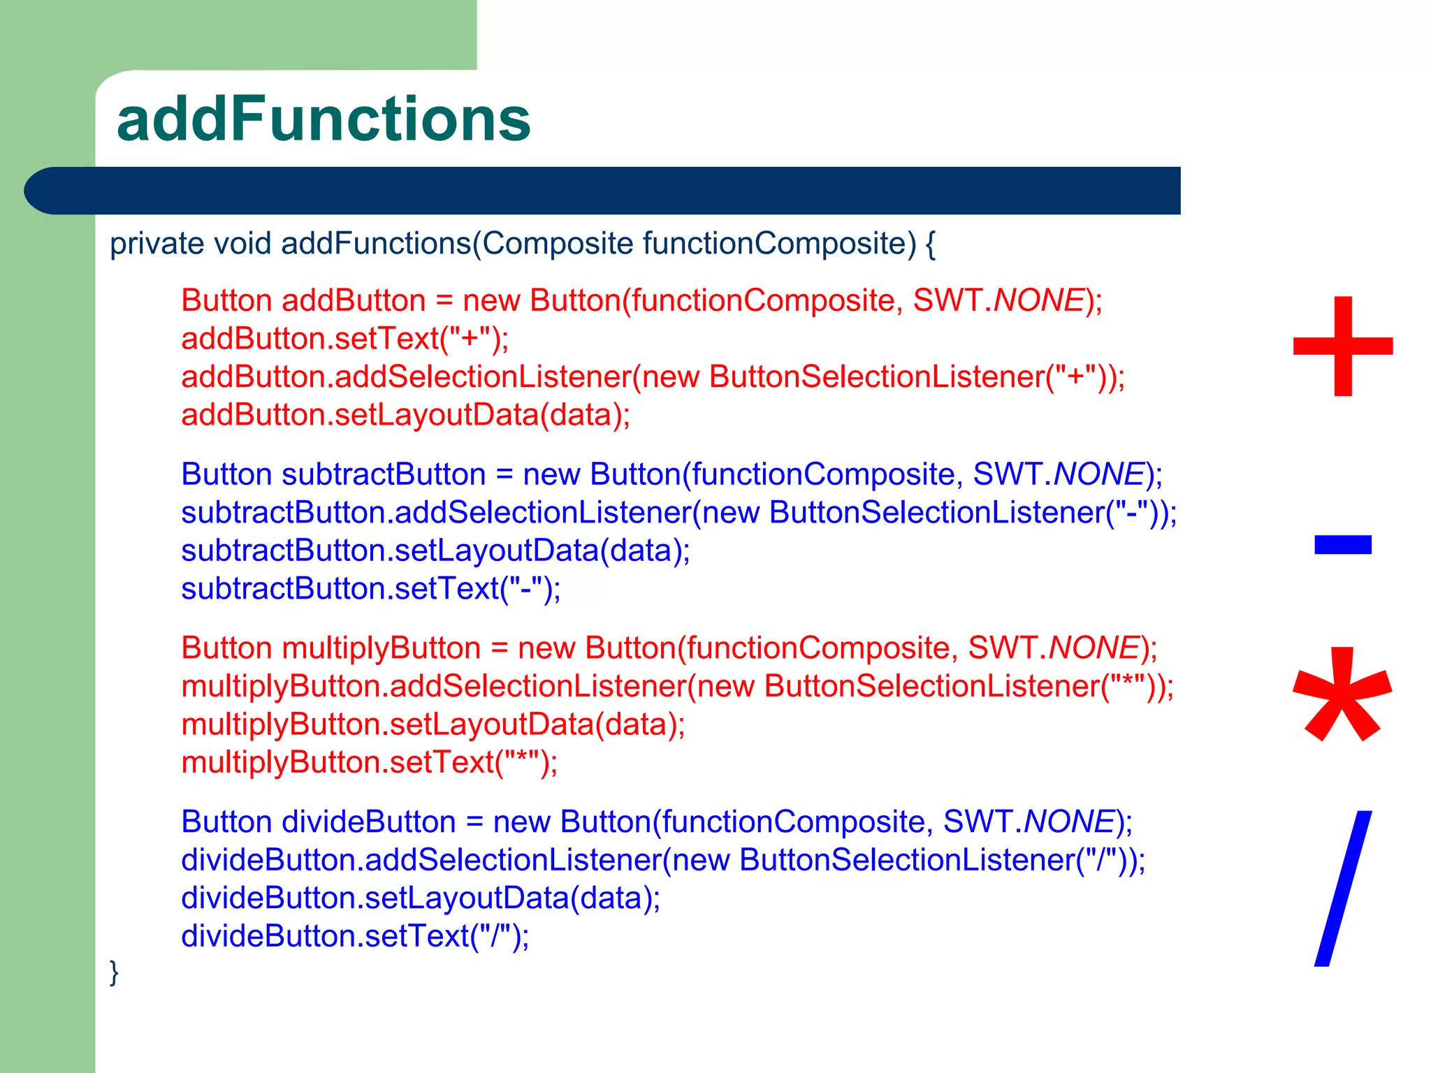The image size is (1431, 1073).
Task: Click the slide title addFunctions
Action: tap(324, 119)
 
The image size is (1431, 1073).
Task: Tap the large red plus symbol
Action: tap(1343, 346)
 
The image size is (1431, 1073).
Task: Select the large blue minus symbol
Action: tap(1343, 544)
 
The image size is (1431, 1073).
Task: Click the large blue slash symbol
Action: tap(1343, 889)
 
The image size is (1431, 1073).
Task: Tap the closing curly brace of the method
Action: tap(114, 972)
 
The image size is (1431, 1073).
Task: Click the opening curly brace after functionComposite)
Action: tap(930, 244)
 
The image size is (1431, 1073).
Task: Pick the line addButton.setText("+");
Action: tap(345, 339)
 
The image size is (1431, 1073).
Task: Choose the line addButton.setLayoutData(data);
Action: tap(405, 415)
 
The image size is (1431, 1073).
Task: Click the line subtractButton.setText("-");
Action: tap(370, 589)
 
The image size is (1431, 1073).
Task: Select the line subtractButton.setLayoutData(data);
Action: tap(435, 550)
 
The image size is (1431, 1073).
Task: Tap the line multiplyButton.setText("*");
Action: tap(370, 762)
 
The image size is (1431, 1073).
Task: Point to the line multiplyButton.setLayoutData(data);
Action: tap(433, 724)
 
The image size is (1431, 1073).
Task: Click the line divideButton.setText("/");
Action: tap(355, 936)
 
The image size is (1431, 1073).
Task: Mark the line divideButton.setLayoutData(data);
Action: tap(421, 898)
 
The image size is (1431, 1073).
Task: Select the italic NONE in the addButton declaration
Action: tap(1038, 301)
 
